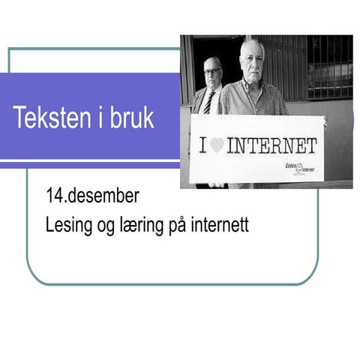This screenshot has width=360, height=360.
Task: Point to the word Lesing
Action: pos(67,226)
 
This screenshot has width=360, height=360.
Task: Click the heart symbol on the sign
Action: pos(217,145)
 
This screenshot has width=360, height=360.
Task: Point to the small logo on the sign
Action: pos(303,167)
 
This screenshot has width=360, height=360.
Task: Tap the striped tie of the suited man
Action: pos(209,102)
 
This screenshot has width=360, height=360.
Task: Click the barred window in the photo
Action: pos(328,67)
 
